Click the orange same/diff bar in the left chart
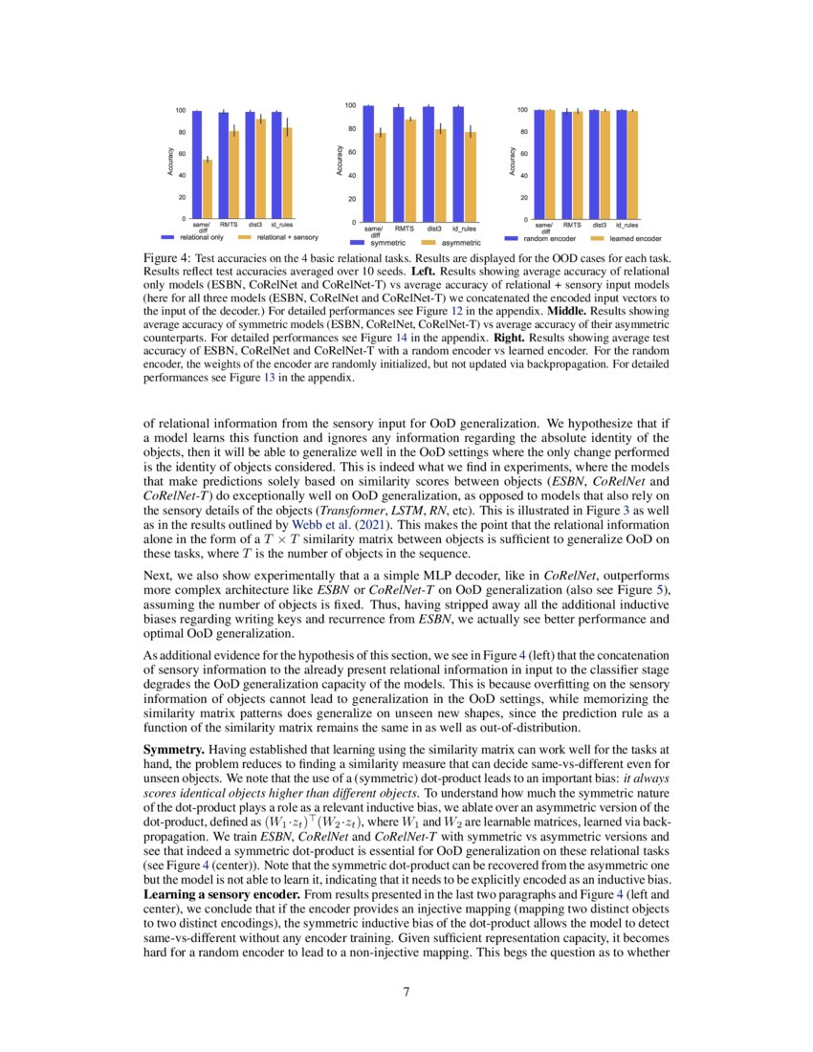208,189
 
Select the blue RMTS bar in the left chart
224,165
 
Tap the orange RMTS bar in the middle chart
410,170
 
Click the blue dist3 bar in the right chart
593,164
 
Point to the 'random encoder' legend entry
551,236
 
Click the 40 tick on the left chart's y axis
181,175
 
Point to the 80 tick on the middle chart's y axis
351,129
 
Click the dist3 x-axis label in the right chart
600,225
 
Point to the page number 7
406,992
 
